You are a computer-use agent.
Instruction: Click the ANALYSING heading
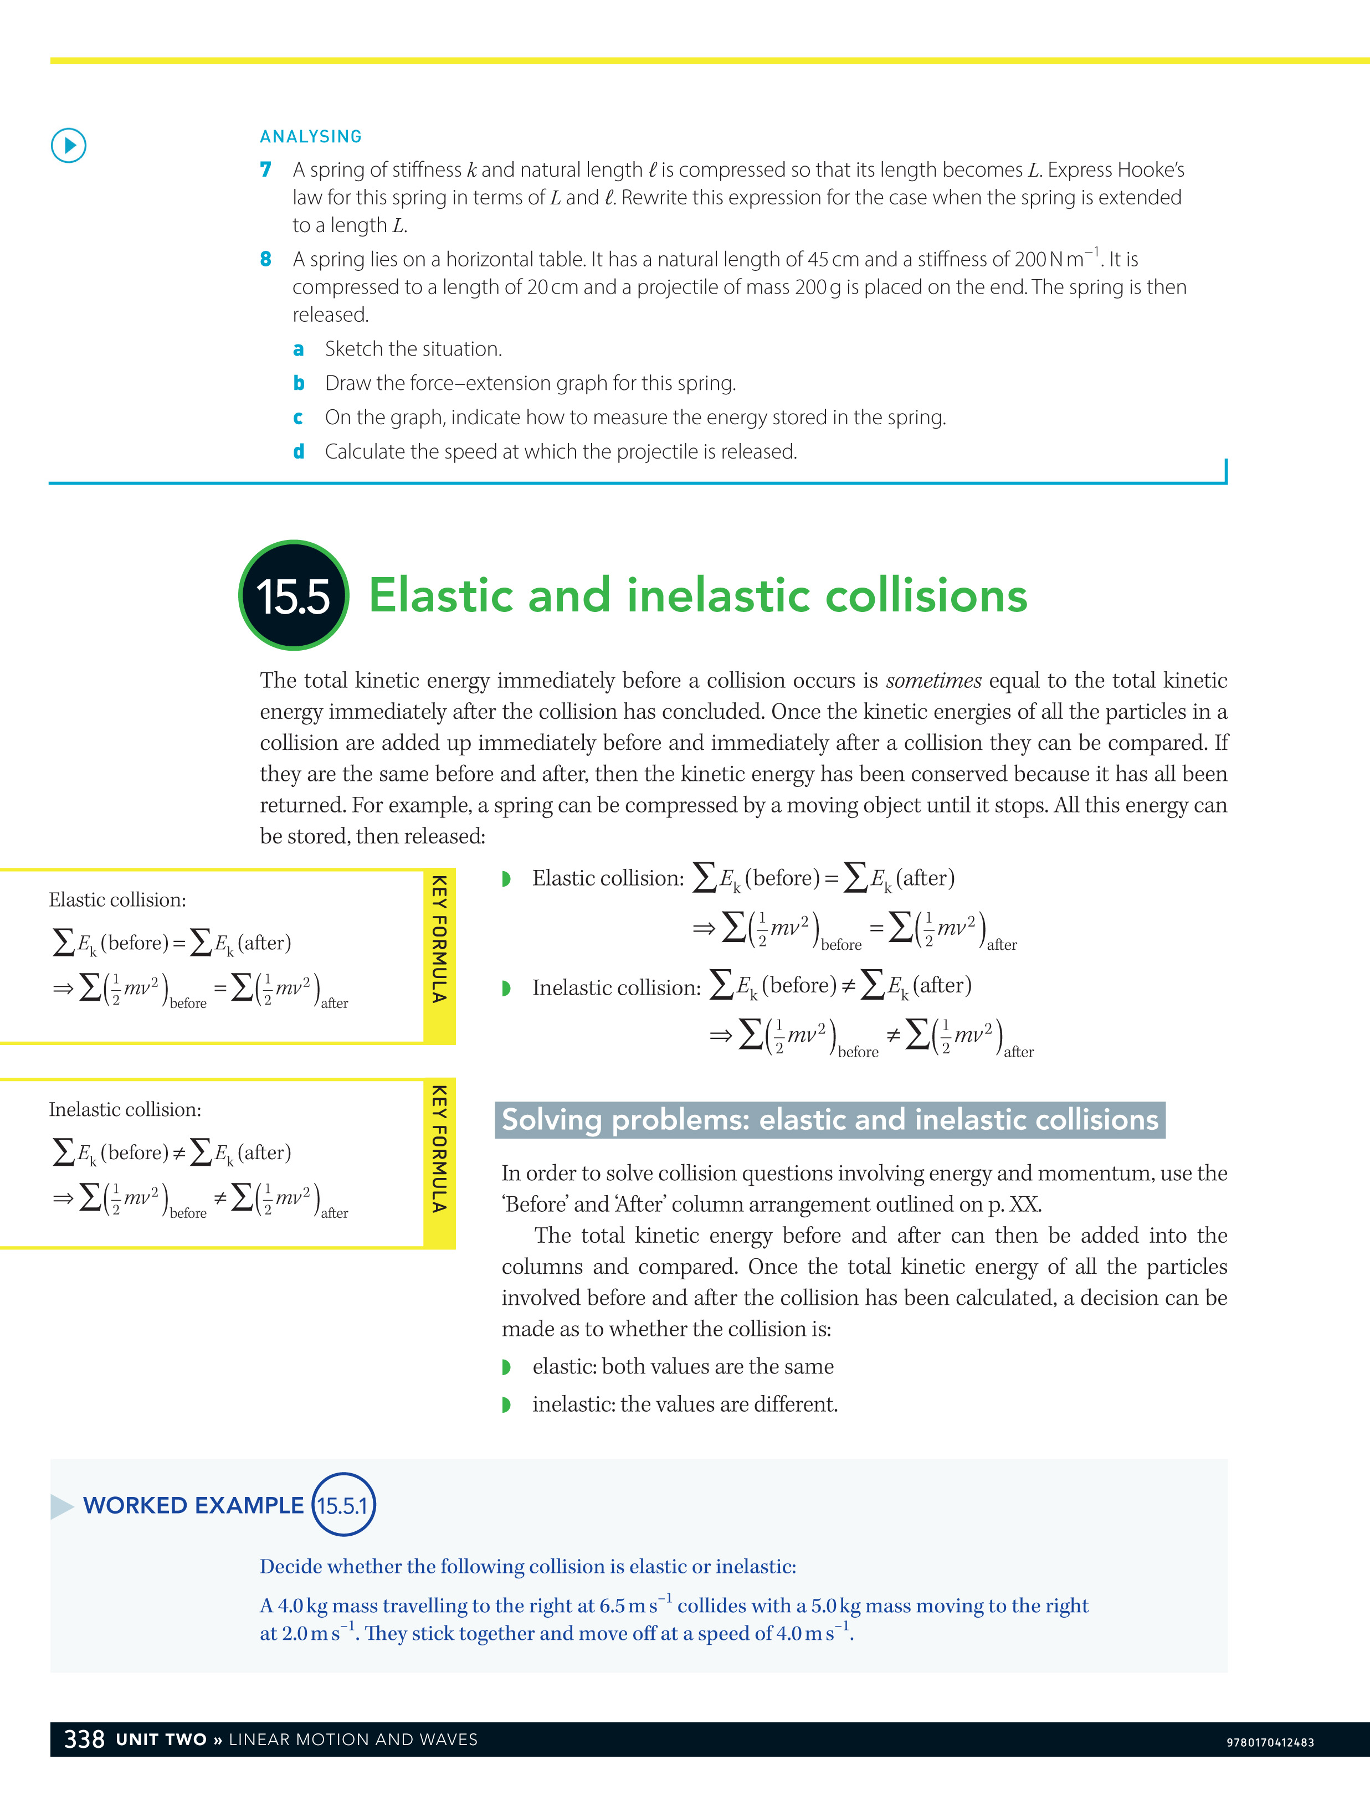pyautogui.click(x=311, y=136)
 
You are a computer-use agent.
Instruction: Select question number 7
pyautogui.click(x=266, y=169)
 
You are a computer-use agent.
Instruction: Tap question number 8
pyautogui.click(x=266, y=259)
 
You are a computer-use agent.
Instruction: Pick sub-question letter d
pyautogui.click(x=299, y=452)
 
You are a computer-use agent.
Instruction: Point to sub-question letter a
pyautogui.click(x=299, y=349)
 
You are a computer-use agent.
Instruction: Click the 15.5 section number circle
pyautogui.click(x=294, y=595)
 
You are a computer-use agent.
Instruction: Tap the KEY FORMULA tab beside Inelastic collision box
pyautogui.click(x=439, y=1149)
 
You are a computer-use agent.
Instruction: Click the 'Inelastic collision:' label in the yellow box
pyautogui.click(x=125, y=1110)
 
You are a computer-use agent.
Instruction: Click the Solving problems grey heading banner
pyautogui.click(x=829, y=1119)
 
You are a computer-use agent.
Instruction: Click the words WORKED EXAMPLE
pyautogui.click(x=193, y=1505)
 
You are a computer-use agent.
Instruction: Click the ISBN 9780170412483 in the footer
pyautogui.click(x=1270, y=1742)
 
